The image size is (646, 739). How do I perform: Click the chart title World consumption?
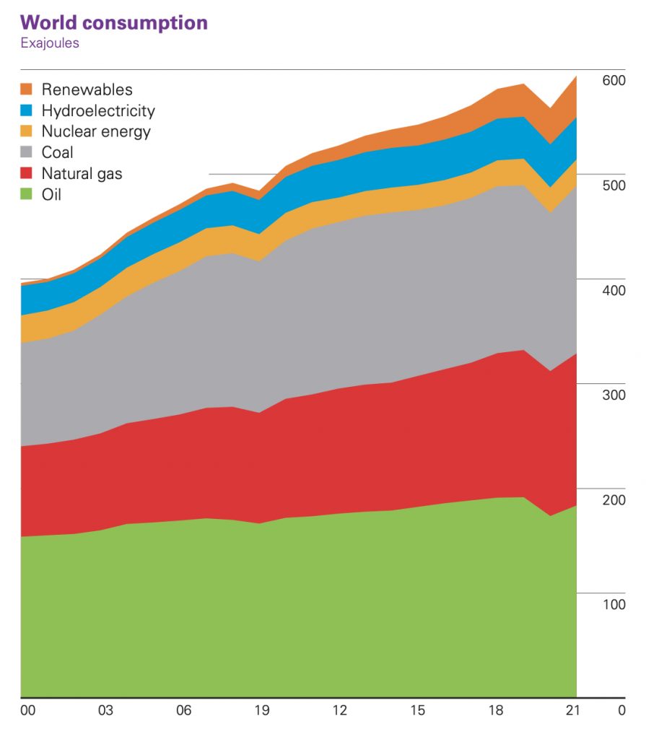(x=114, y=22)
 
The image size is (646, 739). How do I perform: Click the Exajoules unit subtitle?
(x=50, y=43)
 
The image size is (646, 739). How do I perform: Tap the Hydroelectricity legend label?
(x=98, y=110)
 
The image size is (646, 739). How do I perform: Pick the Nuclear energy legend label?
(x=96, y=131)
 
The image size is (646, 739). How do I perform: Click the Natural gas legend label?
(x=82, y=173)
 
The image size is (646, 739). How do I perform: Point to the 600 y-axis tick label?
(x=613, y=80)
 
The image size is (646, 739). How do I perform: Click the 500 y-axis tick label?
(x=613, y=185)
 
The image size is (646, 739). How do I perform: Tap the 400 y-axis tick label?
(x=613, y=290)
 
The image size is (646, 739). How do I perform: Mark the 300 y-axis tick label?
(x=613, y=395)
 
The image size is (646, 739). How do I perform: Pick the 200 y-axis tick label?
(x=613, y=499)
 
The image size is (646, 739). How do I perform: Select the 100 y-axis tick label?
(x=613, y=604)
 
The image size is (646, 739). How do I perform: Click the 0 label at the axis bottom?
(x=621, y=710)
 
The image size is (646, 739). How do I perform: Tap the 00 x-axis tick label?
(x=28, y=710)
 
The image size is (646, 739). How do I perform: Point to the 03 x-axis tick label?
(x=106, y=710)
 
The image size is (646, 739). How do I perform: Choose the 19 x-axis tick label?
(x=262, y=710)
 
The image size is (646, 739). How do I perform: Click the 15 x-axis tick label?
(x=418, y=710)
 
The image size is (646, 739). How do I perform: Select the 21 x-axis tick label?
(x=573, y=710)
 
